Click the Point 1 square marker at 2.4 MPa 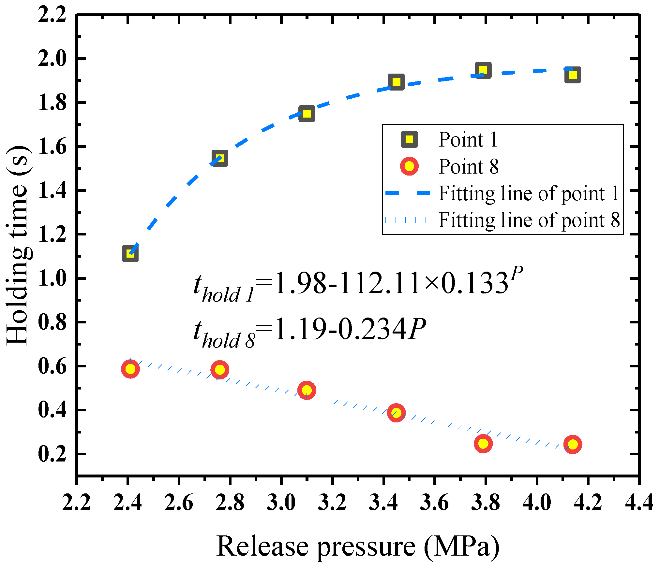click(x=130, y=254)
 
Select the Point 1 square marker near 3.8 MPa click(x=483, y=70)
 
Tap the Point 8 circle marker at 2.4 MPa click(x=130, y=369)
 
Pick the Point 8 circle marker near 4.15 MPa click(x=573, y=444)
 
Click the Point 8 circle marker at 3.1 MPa click(x=307, y=390)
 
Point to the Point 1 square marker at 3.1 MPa click(x=307, y=114)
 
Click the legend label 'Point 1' click(x=468, y=140)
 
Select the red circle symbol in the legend click(x=409, y=166)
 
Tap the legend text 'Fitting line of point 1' click(x=529, y=193)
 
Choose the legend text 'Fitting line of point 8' click(x=529, y=220)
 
